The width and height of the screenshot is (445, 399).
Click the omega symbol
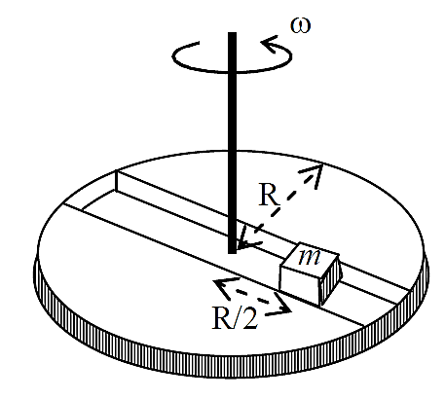pyautogui.click(x=300, y=25)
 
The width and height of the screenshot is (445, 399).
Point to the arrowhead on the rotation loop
pyautogui.click(x=271, y=45)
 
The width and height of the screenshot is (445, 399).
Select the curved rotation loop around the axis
pyautogui.click(x=232, y=56)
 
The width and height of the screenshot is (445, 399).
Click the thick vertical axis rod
pyautogui.click(x=232, y=143)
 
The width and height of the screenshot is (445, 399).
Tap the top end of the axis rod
pyautogui.click(x=232, y=32)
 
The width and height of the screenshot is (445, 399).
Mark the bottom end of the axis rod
pyautogui.click(x=232, y=253)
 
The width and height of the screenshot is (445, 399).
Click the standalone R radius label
pyautogui.click(x=269, y=196)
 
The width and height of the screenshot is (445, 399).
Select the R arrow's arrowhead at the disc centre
pyautogui.click(x=249, y=240)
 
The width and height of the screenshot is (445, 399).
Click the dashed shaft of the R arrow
pyautogui.click(x=280, y=206)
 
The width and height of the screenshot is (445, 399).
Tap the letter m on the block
pyautogui.click(x=310, y=257)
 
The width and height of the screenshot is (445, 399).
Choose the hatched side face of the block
pyautogui.click(x=330, y=280)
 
